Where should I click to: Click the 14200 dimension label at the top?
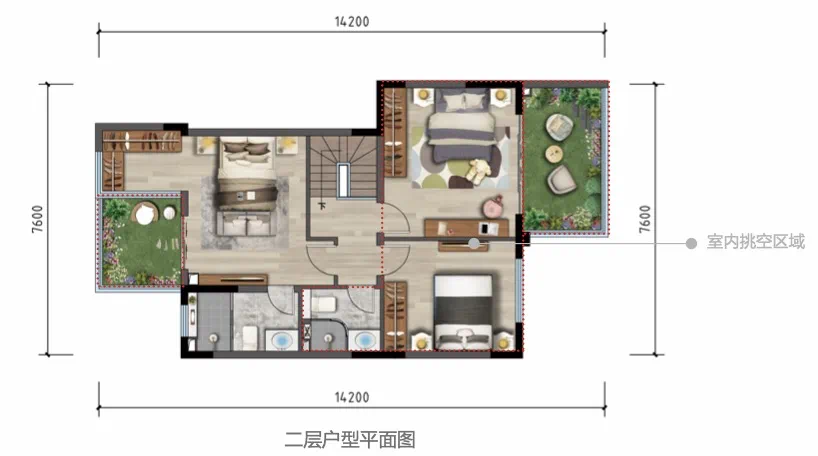click(352, 22)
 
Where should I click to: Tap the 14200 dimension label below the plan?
click(352, 398)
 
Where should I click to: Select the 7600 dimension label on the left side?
click(38, 219)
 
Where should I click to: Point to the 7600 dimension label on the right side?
click(645, 219)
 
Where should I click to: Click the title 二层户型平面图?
click(350, 440)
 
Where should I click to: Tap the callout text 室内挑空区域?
click(756, 242)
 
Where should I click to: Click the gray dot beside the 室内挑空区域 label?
click(691, 243)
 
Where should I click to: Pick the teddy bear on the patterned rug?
click(478, 171)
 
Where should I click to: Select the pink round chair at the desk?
click(493, 207)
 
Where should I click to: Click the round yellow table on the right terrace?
click(554, 153)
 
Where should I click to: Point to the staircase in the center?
click(344, 167)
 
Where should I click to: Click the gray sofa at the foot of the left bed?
click(247, 223)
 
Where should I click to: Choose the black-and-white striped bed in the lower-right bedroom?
click(463, 312)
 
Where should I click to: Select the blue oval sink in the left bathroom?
click(282, 341)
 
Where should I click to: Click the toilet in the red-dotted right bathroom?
click(323, 304)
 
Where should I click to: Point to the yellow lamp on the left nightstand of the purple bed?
click(423, 95)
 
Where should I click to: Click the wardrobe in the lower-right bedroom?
click(395, 316)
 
